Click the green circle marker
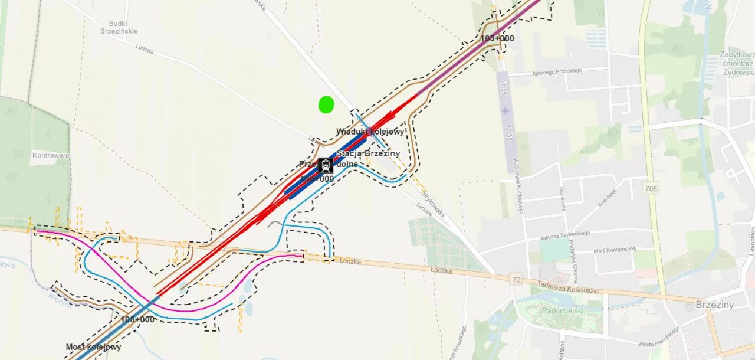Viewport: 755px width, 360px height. coord(326,104)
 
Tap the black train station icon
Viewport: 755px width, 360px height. coord(326,165)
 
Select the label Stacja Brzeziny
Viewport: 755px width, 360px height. coord(368,153)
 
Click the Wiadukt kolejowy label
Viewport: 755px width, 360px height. coord(370,132)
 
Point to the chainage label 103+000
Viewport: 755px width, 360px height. coord(497,38)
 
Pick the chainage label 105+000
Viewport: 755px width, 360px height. coord(137,319)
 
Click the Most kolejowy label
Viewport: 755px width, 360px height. coord(93,347)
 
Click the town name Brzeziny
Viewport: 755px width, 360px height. coord(715,305)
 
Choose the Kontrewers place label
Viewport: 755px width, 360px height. coord(51,156)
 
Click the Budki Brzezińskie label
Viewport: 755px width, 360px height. coord(119,27)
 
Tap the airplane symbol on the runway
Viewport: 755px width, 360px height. coord(505,110)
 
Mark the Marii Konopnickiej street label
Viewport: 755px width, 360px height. coord(615,249)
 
